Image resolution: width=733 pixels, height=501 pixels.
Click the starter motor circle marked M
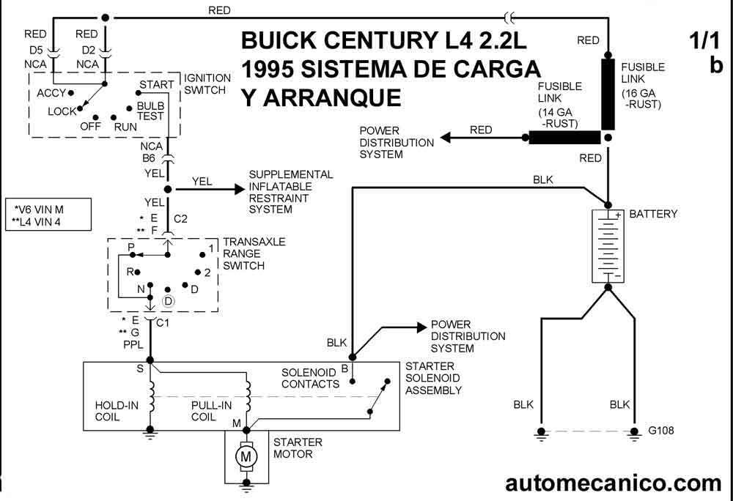point(246,456)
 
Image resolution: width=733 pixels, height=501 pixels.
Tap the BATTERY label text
point(653,214)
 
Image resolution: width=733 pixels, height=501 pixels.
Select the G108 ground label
point(661,430)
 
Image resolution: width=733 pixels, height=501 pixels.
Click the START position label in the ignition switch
point(157,84)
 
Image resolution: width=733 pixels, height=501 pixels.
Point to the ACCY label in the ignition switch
point(51,93)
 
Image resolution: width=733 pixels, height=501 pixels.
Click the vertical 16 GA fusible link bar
point(608,94)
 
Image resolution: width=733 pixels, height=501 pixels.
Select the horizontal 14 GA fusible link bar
point(564,137)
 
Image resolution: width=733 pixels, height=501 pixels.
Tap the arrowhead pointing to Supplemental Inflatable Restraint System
point(240,189)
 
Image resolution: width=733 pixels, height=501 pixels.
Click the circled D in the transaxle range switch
point(168,301)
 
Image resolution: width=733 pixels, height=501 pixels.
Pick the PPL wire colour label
point(133,344)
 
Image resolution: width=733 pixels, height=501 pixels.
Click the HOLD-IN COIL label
point(117,411)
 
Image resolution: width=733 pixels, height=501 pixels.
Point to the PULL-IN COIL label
point(211,411)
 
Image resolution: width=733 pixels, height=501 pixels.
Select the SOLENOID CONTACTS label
point(310,378)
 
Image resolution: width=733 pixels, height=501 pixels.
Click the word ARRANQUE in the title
point(332,97)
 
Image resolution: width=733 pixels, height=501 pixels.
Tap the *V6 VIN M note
point(38,209)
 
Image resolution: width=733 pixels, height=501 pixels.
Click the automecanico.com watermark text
point(614,483)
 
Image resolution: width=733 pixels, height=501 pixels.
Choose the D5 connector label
point(36,50)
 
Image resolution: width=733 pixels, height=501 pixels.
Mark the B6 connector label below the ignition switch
point(149,158)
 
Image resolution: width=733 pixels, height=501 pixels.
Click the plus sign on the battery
point(618,215)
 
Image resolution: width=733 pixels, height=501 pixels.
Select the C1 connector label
point(163,322)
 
